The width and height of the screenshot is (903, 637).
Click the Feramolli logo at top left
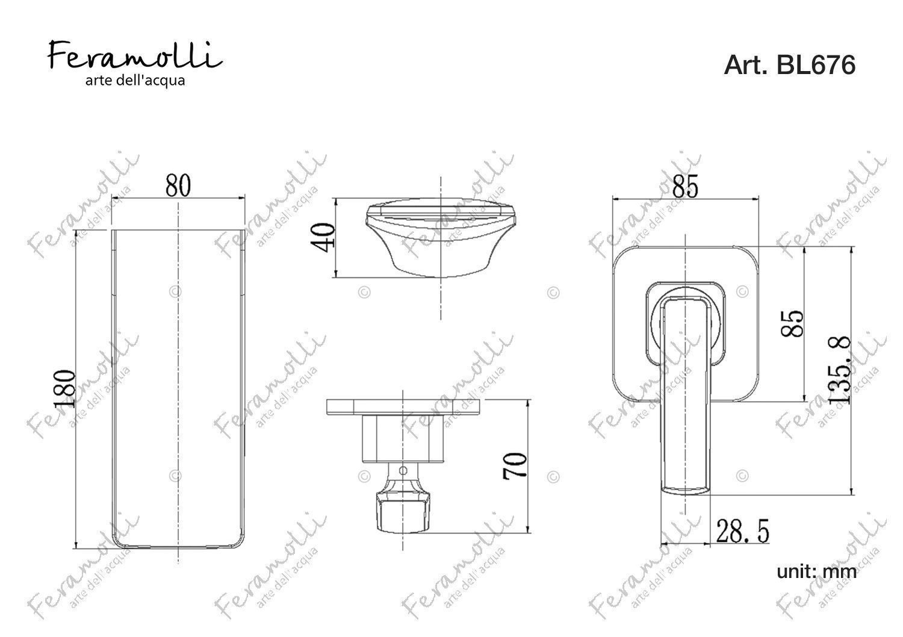click(x=135, y=55)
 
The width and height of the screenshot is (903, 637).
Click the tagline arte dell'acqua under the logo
click(x=135, y=81)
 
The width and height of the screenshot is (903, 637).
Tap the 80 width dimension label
click(x=178, y=185)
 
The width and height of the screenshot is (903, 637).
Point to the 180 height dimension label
click(x=64, y=388)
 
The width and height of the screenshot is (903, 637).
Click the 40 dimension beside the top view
click(x=323, y=238)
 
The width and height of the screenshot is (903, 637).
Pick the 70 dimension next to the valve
click(x=515, y=466)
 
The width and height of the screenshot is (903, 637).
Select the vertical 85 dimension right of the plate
click(x=792, y=323)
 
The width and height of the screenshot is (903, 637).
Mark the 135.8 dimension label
click(x=839, y=370)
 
